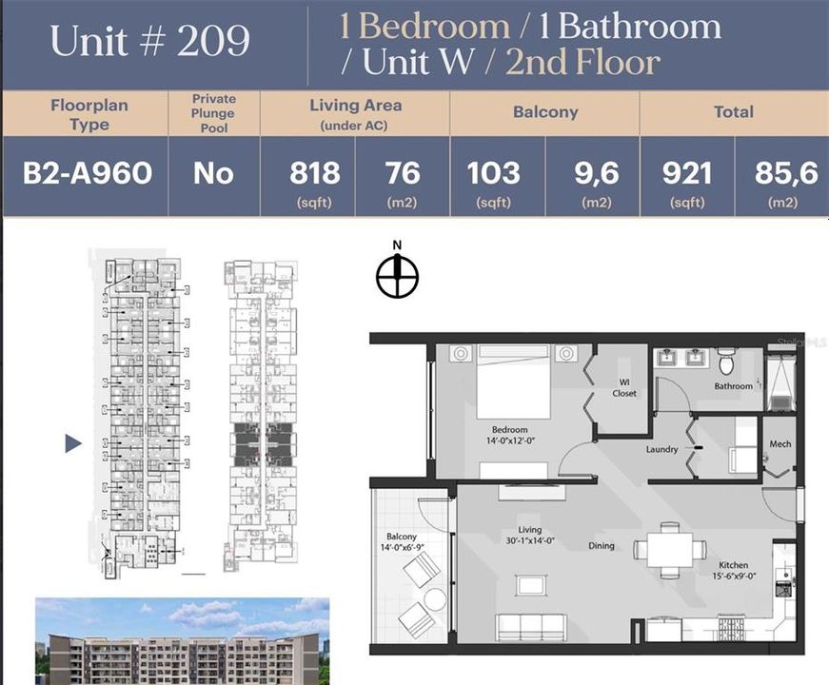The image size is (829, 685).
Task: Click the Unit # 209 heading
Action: pyautogui.click(x=150, y=42)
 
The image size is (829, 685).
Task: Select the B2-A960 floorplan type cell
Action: pyautogui.click(x=87, y=173)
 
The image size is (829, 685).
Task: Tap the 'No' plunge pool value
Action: pyautogui.click(x=213, y=173)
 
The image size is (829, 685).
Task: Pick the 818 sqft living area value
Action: pyautogui.click(x=314, y=173)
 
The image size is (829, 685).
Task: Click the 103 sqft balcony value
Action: pyautogui.click(x=493, y=173)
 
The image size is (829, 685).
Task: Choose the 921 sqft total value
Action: pyautogui.click(x=686, y=173)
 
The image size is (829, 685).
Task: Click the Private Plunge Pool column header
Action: pyautogui.click(x=213, y=112)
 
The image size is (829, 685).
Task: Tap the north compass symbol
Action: pyautogui.click(x=397, y=277)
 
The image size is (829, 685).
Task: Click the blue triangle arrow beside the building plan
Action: pyautogui.click(x=73, y=443)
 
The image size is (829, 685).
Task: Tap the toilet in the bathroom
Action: pyautogui.click(x=727, y=361)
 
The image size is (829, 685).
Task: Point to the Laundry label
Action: pyautogui.click(x=661, y=449)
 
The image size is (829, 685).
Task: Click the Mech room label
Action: pyautogui.click(x=780, y=445)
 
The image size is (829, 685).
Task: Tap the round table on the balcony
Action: pyautogui.click(x=435, y=599)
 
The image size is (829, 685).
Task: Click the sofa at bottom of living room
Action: pyautogui.click(x=530, y=626)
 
